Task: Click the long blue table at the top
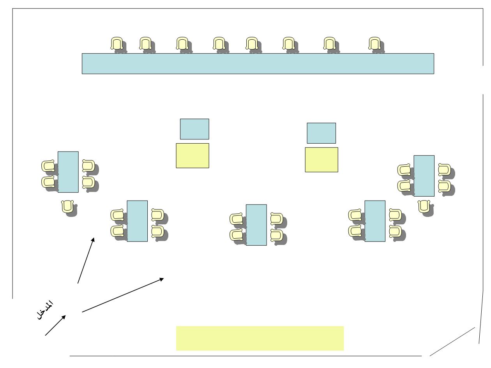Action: point(258,63)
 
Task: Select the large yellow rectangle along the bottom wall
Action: point(260,338)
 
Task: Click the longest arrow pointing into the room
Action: point(123,295)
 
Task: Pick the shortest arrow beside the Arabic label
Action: point(55,325)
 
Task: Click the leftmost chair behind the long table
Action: point(117,44)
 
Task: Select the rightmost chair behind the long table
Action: point(375,44)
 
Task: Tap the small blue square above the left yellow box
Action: point(194,129)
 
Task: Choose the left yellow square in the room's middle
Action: point(193,156)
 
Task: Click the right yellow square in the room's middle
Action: point(321,160)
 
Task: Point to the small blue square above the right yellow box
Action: point(321,133)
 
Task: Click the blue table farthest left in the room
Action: point(68,172)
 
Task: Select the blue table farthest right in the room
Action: point(424,176)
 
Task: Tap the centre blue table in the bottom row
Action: point(256,225)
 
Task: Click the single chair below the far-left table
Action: point(68,206)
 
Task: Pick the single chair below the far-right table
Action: point(424,206)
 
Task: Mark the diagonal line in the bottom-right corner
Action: point(452,341)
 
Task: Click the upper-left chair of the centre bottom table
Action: point(237,219)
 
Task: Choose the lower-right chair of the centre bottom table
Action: point(276,235)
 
